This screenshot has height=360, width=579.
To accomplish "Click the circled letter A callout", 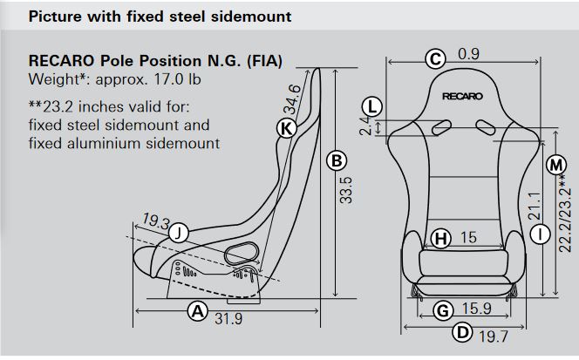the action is coord(198,311).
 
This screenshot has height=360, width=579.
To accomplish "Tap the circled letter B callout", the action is coord(337,160).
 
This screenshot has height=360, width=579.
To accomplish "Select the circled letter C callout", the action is coord(435,59).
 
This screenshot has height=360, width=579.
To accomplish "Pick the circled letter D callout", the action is coord(462,332).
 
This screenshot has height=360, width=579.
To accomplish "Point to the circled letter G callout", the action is coord(442,310).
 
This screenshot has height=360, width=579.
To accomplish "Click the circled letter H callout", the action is coord(441,238).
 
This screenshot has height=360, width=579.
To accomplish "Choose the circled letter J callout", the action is coord(179,233).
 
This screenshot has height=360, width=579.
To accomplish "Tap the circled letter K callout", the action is coord(287,128).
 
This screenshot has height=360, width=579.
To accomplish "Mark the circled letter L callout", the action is coord(371,107).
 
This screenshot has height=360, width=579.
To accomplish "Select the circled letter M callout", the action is coord(555,165).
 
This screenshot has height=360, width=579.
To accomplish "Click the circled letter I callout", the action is coord(541,234).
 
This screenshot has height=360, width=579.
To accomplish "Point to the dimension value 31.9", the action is coord(228,319).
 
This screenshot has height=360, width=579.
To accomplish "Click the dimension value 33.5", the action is coord(346,190).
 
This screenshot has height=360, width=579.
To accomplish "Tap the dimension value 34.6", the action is coord(292,99).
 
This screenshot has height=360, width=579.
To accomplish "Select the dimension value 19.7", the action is coord(494,336).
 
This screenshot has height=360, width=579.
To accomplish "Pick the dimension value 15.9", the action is coord(477,309).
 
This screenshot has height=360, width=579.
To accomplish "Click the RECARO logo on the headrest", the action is coord(462,97).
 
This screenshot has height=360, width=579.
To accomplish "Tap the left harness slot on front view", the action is coord(441,127).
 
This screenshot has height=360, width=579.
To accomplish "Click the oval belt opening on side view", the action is coord(242,253).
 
